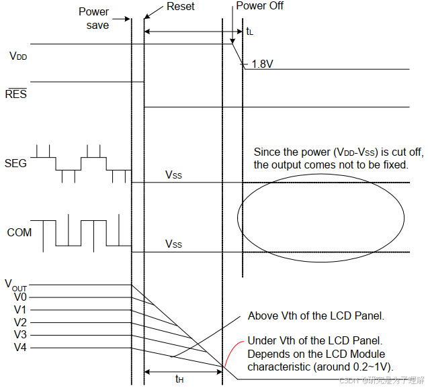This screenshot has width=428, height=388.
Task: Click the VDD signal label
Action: coord(17,57)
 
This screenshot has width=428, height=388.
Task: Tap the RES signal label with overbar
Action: coord(15,95)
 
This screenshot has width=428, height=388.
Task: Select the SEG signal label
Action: coord(15,163)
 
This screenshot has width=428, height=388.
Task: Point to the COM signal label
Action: coord(19,233)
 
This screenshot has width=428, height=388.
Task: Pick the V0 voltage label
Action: coord(19,297)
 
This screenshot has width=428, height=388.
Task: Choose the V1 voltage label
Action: coord(19,309)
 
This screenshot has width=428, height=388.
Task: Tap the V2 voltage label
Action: coord(19,322)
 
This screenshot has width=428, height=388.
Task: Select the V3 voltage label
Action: coord(19,334)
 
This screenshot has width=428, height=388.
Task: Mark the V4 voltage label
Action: coord(19,347)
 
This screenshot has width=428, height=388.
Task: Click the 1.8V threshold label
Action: coord(263,64)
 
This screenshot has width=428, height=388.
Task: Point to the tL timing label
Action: coord(250,32)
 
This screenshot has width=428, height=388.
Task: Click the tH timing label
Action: coord(179,379)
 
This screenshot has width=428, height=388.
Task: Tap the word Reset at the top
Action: coord(179,7)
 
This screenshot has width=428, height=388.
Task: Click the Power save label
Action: coord(93,18)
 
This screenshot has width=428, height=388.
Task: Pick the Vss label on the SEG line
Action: coord(174,175)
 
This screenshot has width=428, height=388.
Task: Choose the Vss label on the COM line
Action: coord(174,244)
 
